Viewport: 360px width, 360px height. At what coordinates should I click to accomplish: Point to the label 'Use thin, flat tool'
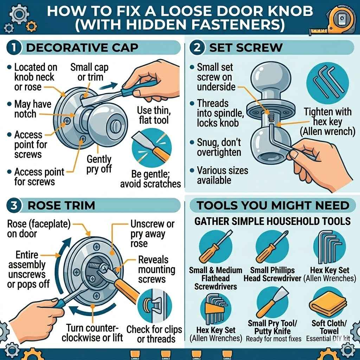click(x=153, y=116)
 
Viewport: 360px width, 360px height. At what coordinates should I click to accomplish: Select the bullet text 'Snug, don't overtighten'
click(x=219, y=147)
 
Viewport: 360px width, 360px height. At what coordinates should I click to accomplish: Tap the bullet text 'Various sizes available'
click(x=222, y=175)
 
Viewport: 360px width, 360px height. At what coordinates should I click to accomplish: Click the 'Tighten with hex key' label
click(x=327, y=122)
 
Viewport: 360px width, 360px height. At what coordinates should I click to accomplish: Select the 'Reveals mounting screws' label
click(x=156, y=270)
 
